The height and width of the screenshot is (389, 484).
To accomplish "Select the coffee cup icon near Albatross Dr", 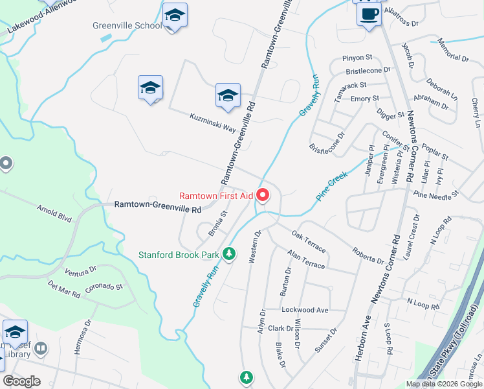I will click(x=369, y=14).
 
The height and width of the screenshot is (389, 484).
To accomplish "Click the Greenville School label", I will click(x=127, y=26).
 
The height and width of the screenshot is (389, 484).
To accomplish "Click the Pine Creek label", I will click(x=333, y=186).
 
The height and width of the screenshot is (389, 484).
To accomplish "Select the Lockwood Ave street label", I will click(x=305, y=310).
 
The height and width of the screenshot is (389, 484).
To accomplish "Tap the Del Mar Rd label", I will click(x=63, y=289).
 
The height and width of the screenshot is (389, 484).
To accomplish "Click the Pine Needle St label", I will click(x=435, y=193).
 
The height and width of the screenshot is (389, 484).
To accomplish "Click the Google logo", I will click(x=21, y=381).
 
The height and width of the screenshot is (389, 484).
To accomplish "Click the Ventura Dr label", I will click(x=81, y=268).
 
